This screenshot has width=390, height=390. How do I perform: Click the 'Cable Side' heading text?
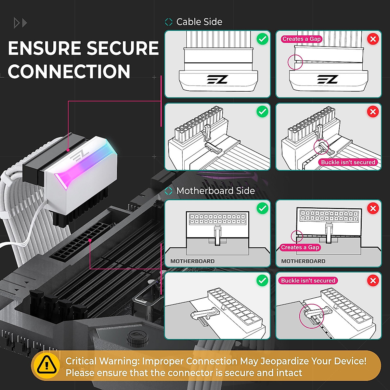pos(199,22)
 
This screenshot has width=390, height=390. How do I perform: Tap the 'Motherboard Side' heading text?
pos(215,191)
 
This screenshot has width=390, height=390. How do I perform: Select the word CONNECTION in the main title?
pos(69,71)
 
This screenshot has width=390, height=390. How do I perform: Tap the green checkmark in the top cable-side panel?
pos(262,39)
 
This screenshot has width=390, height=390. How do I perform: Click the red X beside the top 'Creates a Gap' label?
pos(373,39)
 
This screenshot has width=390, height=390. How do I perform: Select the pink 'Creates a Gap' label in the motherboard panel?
pos(300,247)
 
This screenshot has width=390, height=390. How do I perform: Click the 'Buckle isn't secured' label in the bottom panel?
pos(308,280)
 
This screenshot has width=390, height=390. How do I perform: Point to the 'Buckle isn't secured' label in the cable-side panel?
pos(348,162)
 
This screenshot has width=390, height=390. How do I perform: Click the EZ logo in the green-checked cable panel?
pos(217,79)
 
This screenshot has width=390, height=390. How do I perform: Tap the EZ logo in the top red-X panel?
pos(328,79)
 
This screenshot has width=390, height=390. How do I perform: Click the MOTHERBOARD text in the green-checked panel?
pos(192,261)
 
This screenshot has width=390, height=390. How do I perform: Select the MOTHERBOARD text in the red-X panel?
pos(303,261)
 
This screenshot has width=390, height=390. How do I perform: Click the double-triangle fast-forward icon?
pos(20,23)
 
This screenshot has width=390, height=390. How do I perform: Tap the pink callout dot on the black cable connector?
pos(68,150)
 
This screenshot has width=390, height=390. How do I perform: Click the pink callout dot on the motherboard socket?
pos(90,240)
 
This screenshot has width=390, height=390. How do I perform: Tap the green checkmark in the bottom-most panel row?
pos(262,280)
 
